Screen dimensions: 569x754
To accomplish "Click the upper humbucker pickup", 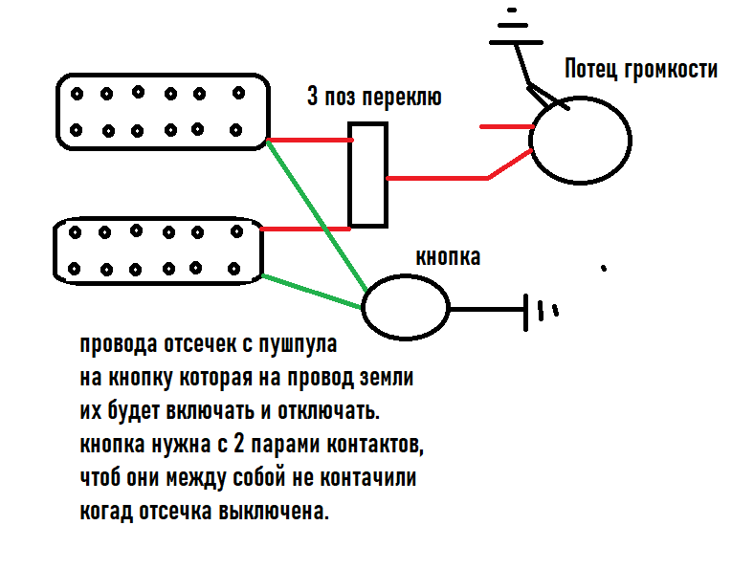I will tap(160, 112).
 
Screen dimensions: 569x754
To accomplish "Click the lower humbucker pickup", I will tap(159, 251).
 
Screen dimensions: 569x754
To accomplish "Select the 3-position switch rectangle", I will tap(367, 174).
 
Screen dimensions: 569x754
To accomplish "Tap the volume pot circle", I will tap(580, 139).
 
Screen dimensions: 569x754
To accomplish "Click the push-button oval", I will tap(405, 307).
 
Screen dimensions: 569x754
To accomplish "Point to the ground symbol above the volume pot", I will tap(513, 29).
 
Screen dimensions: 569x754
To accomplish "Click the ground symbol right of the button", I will tap(541, 311).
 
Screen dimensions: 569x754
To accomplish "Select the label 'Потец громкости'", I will tap(639, 70).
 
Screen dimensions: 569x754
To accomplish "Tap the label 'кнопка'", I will tap(448, 257).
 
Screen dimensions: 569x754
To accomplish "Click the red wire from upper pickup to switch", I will tap(308, 141).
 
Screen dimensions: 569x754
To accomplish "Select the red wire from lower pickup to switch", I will tap(304, 230).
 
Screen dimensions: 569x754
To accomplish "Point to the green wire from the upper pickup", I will tap(316, 215).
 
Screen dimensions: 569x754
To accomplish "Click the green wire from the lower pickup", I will tap(311, 292).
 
